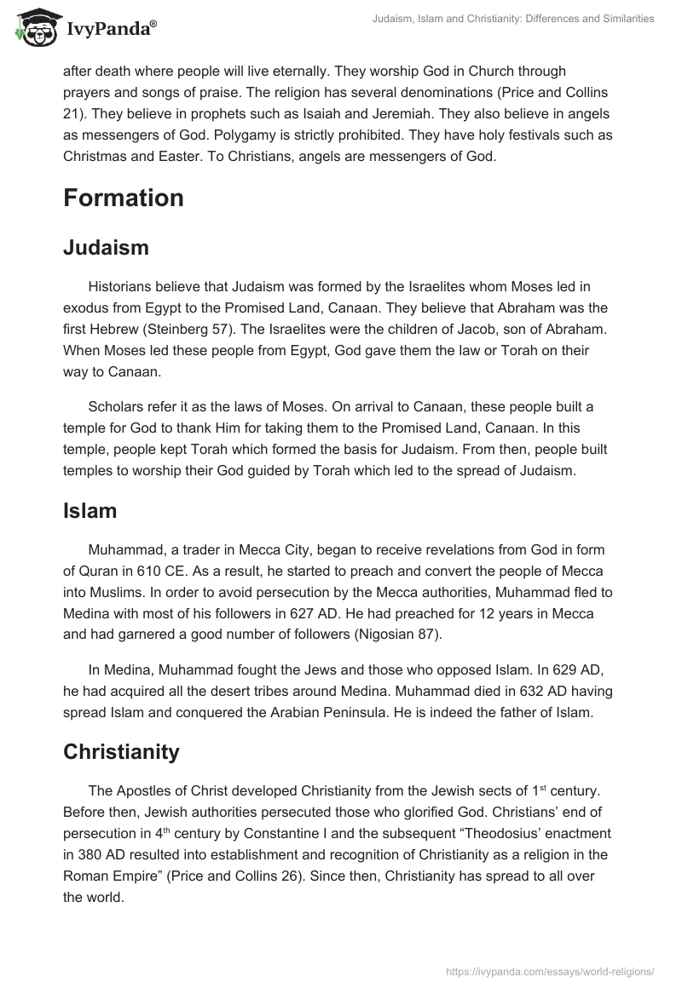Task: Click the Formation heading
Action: [x=124, y=198]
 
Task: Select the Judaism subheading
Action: [x=106, y=247]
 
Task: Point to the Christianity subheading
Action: [x=121, y=751]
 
